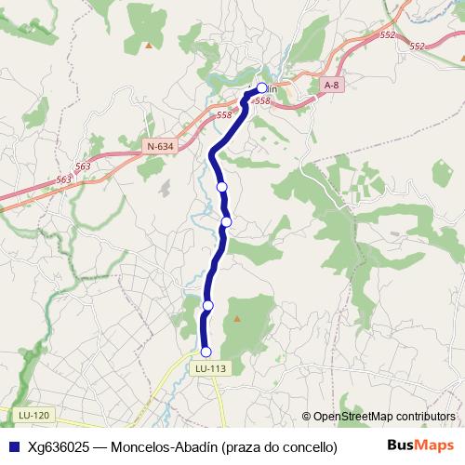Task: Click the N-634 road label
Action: [x=160, y=145]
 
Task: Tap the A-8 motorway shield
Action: [x=331, y=86]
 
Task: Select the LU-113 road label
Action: [x=211, y=368]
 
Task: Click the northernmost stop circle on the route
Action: [x=261, y=88]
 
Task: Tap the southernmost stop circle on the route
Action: [x=206, y=352]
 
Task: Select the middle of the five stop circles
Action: [x=226, y=221]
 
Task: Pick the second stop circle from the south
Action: [x=208, y=305]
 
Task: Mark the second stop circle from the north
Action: [x=222, y=187]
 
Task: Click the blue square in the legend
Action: [x=13, y=446]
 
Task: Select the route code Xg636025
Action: [x=58, y=446]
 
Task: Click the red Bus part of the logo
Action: [x=402, y=445]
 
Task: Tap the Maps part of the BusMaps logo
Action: [x=436, y=445]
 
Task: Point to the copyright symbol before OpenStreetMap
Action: [x=306, y=416]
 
